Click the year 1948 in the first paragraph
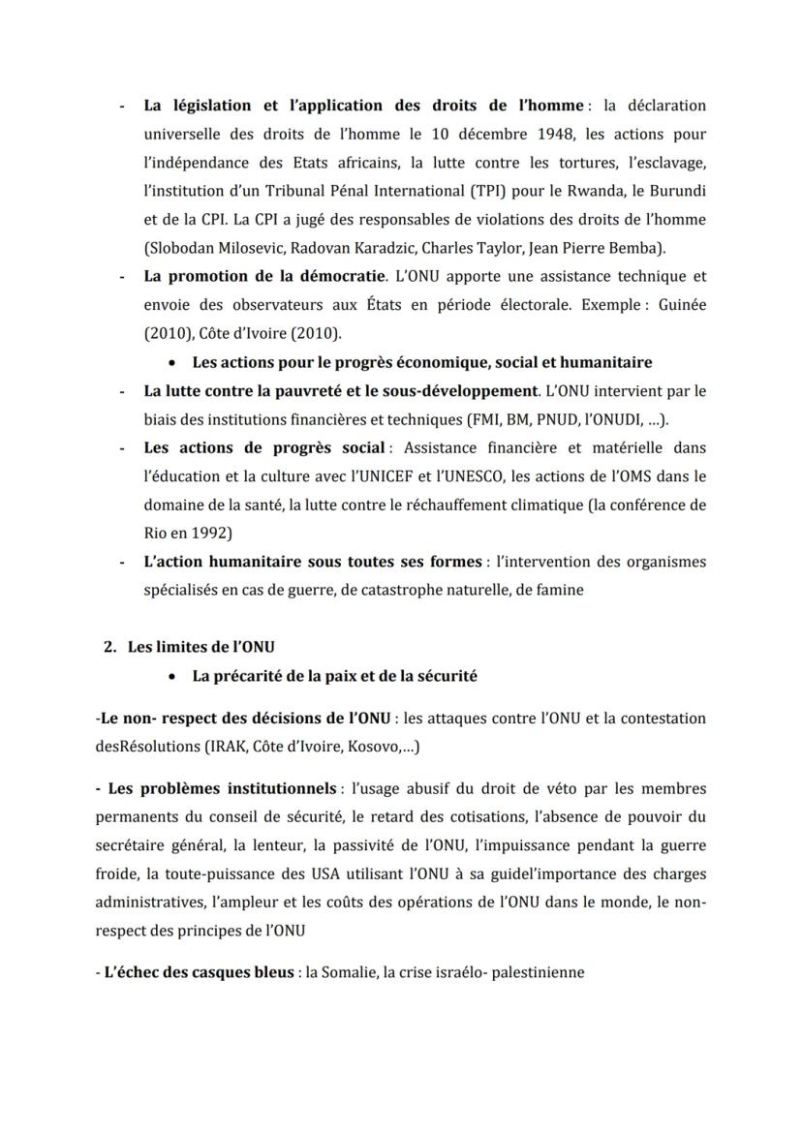pos(519,134)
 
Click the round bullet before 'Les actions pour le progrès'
pos(172,362)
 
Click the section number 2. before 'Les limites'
pos(110,647)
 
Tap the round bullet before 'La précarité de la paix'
pos(172,676)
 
